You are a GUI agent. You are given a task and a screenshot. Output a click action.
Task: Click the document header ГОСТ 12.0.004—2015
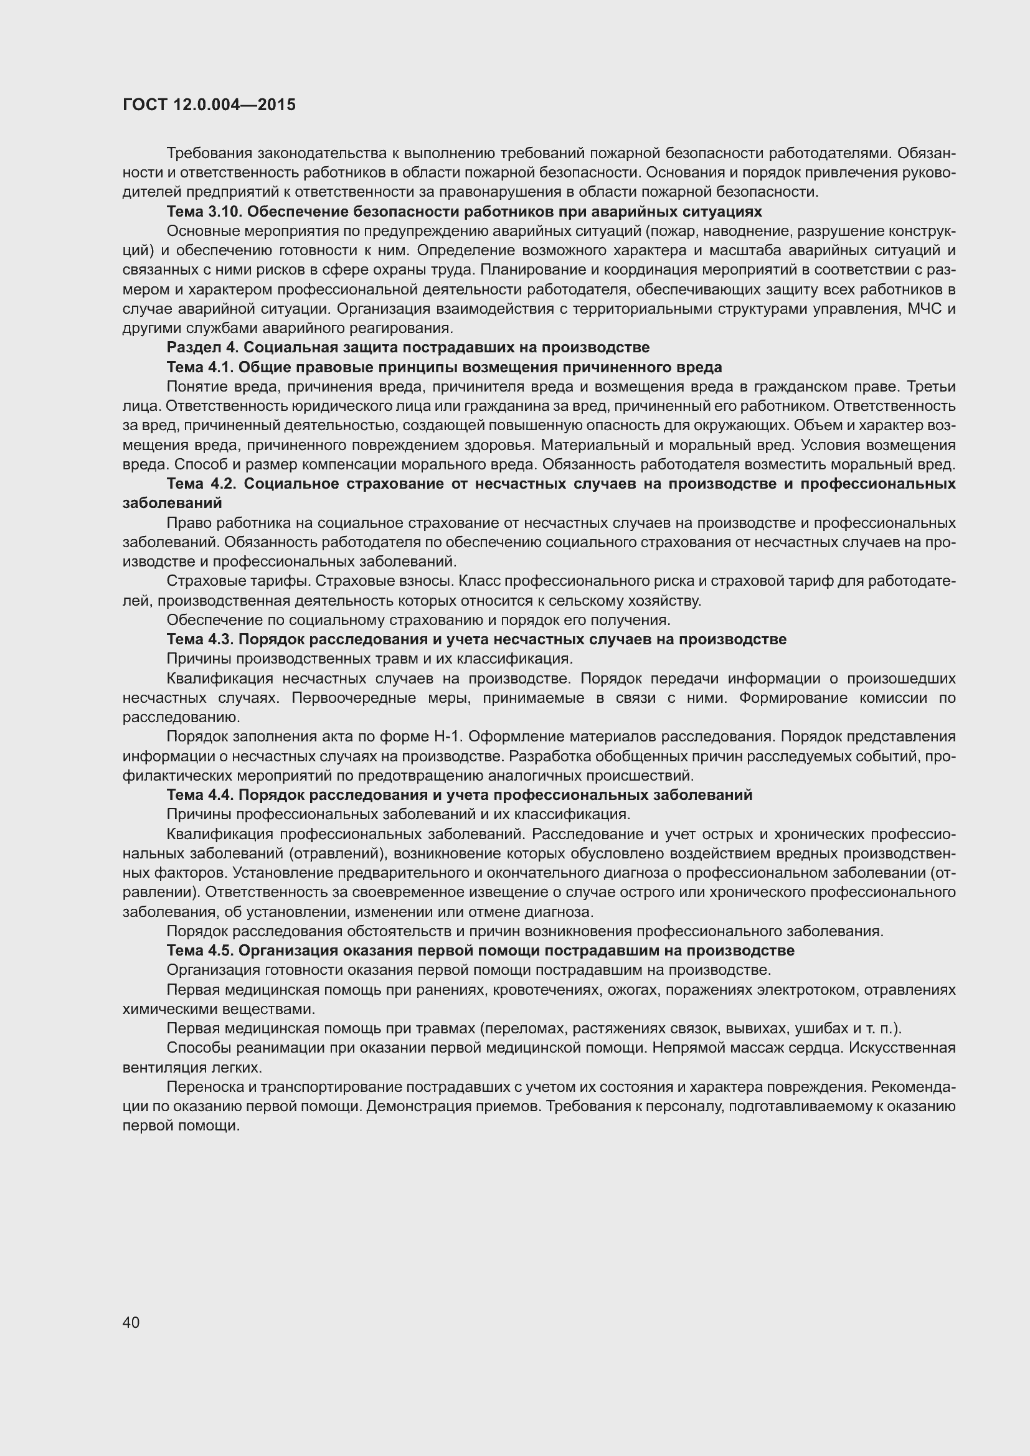(209, 105)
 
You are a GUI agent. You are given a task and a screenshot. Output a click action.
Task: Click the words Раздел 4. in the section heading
(202, 347)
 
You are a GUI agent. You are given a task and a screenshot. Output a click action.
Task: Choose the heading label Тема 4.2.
(202, 484)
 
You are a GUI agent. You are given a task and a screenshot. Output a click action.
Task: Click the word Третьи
(932, 387)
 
